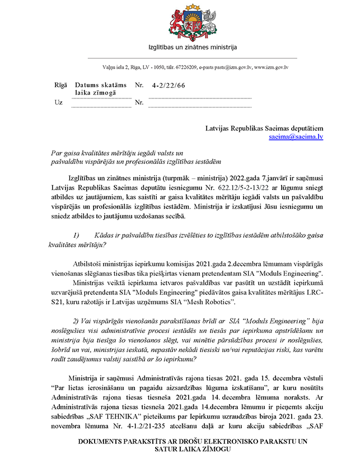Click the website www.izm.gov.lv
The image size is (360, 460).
pos(272,67)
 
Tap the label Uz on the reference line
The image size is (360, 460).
pos(58,102)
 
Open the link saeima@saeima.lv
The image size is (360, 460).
pos(296,136)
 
